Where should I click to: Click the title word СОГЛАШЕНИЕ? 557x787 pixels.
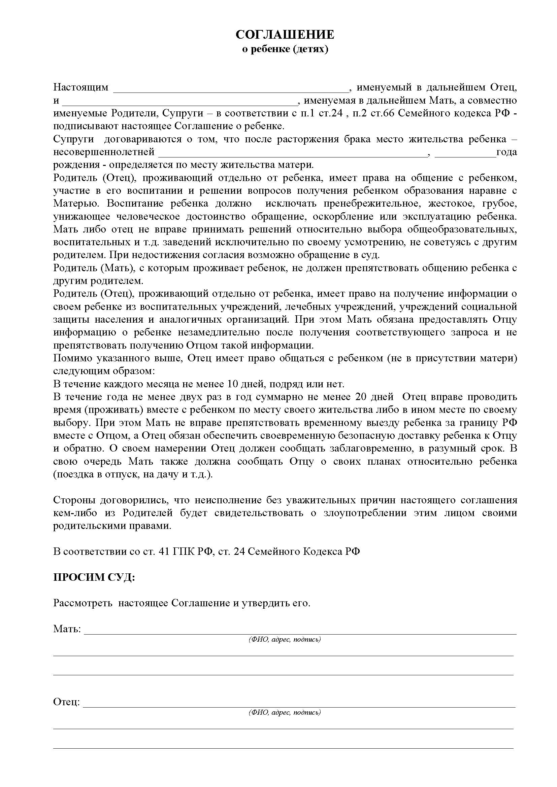click(285, 35)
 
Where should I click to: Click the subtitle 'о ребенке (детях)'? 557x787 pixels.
click(285, 49)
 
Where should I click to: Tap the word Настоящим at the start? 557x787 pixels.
click(80, 87)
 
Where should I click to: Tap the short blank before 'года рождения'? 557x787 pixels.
click(465, 154)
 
